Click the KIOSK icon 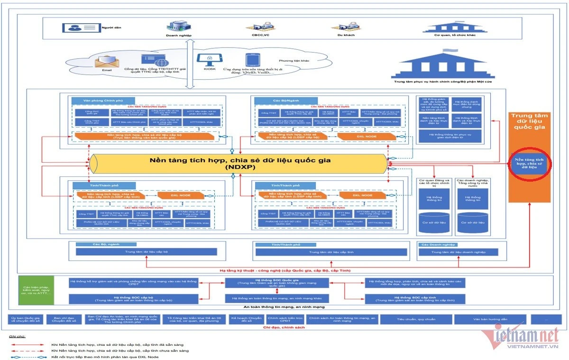click(x=209, y=59)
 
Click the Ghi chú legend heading click(x=17, y=336)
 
